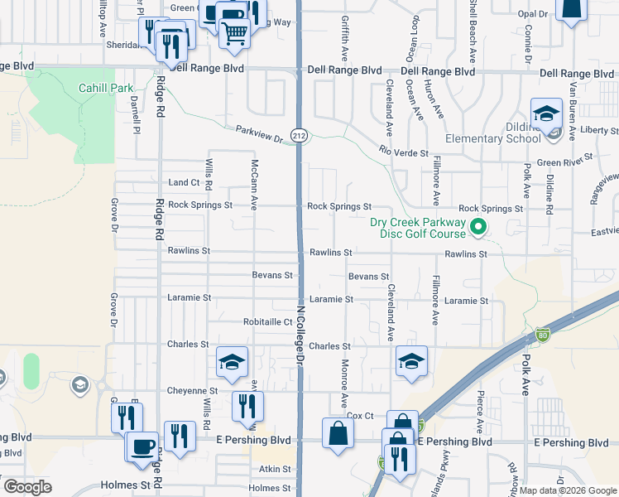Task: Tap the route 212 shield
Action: click(300, 134)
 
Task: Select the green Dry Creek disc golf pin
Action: click(477, 225)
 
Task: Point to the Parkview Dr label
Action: click(259, 133)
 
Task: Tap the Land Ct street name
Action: click(184, 182)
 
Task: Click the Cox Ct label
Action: click(361, 415)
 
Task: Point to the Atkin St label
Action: click(276, 468)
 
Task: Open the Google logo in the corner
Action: click(27, 486)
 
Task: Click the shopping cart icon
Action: click(235, 33)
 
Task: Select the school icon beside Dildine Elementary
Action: click(545, 113)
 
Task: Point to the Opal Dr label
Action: click(532, 14)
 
